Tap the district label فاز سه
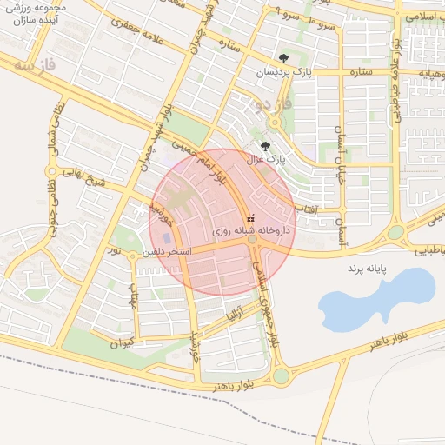pyautogui.click(x=36, y=64)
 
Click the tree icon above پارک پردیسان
pyautogui.click(x=283, y=59)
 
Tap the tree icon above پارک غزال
pyautogui.click(x=265, y=146)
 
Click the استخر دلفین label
pyautogui.click(x=168, y=251)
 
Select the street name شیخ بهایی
pyautogui.click(x=96, y=183)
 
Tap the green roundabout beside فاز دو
pyautogui.click(x=259, y=123)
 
